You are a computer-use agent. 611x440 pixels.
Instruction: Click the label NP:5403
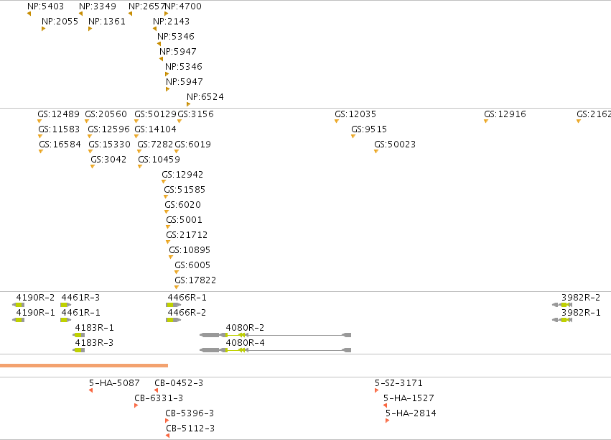(x=45, y=6)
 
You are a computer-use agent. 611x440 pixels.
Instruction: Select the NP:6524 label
(x=205, y=97)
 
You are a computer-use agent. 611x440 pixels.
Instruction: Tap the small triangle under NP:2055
(x=43, y=29)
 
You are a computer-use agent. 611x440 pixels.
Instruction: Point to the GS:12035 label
(x=355, y=114)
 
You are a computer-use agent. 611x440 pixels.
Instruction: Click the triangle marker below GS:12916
(x=486, y=122)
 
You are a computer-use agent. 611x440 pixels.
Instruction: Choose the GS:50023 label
(x=395, y=145)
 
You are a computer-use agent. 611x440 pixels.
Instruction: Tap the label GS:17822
(x=195, y=280)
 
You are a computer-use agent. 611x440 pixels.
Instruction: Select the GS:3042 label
(x=108, y=160)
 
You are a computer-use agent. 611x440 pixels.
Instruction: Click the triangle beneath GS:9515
(x=353, y=137)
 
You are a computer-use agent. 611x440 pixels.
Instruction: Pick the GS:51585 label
(x=185, y=190)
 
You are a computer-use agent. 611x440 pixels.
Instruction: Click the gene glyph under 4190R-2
(x=19, y=305)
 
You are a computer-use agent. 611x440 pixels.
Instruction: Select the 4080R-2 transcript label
(x=245, y=328)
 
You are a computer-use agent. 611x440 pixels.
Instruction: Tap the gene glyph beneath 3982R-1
(x=562, y=320)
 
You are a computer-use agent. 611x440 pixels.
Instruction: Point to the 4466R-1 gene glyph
(x=174, y=305)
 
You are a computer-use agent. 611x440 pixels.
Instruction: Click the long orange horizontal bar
(x=84, y=365)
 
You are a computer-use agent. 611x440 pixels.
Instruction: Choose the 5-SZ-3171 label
(x=398, y=383)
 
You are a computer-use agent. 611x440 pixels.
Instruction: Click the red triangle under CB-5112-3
(x=167, y=436)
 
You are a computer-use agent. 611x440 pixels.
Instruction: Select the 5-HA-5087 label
(x=114, y=383)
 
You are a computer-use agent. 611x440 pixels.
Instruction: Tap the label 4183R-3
(x=94, y=343)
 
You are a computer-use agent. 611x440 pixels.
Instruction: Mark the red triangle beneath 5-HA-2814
(x=387, y=421)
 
